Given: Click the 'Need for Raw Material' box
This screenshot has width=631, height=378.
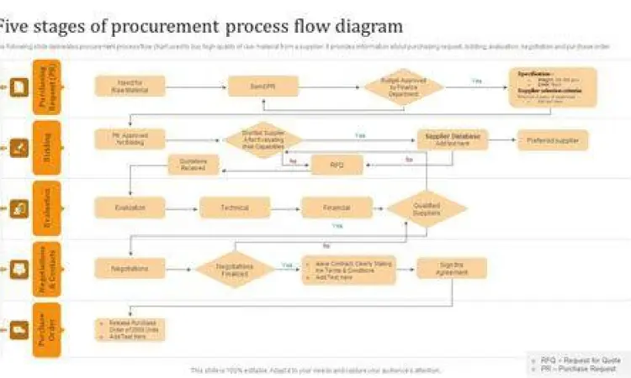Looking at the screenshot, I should pos(130,86).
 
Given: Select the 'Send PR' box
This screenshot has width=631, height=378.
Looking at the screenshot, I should pos(263,86).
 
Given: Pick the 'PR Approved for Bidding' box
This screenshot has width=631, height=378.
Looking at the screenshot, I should pos(130,139).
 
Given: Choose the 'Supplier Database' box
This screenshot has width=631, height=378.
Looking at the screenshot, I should pos(452,139).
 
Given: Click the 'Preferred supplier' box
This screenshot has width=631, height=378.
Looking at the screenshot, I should pos(553,139).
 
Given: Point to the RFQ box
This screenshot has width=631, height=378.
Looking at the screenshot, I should pos(337,165).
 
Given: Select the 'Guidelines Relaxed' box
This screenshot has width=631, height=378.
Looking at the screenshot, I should pos(193,165).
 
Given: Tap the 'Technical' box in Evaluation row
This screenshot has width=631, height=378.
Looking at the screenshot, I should pos(235,207).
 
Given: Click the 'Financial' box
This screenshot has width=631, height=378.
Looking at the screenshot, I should pos(337,207).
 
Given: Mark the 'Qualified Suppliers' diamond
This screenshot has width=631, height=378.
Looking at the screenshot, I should pos(427,209).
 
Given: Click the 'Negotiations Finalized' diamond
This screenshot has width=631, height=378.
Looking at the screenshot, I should pos(235,269).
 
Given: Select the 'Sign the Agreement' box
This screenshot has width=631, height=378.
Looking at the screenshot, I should pos(452,269).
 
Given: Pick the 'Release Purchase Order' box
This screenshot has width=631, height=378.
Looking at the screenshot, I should pos(130,329).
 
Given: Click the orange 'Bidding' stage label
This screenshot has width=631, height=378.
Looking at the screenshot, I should pos(47,147).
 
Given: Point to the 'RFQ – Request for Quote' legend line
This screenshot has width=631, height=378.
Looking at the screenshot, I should pos(580,359).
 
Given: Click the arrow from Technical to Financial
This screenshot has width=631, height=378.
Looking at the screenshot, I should pos(285,207).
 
